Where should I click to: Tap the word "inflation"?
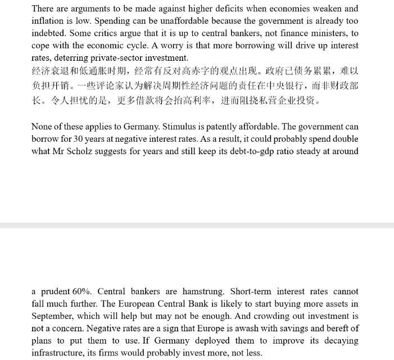[x=49, y=21]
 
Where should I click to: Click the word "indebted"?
[x=49, y=33]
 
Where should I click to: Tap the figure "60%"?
[x=83, y=292]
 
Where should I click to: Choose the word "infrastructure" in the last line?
[x=60, y=353]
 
